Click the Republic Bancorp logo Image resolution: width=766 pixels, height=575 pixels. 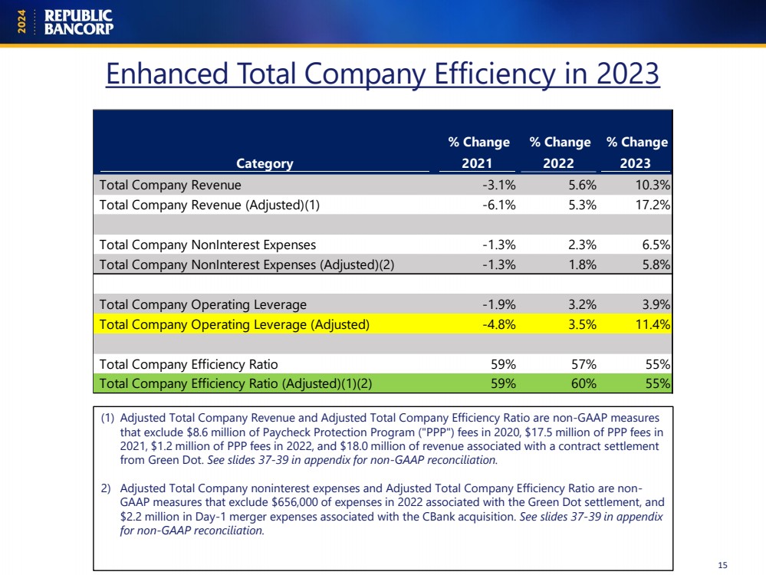79,22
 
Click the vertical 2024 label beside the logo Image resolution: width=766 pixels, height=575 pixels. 21,22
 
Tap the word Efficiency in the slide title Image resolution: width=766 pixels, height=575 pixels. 495,74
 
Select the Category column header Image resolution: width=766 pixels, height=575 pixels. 265,163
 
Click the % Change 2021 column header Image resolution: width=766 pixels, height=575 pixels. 478,153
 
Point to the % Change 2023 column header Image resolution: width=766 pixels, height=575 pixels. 636,153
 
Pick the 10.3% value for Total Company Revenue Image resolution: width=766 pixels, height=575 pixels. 653,186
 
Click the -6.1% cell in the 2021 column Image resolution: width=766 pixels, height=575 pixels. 498,205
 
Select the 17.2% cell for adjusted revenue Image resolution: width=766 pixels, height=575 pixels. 653,205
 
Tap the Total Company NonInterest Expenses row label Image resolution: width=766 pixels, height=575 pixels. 208,245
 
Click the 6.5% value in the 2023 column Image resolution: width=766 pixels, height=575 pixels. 656,245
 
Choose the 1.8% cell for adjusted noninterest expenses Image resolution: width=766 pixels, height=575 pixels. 582,264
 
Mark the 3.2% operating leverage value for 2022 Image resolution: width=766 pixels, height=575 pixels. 582,305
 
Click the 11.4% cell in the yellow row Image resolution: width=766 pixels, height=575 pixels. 653,324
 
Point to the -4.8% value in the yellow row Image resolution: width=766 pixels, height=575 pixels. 498,324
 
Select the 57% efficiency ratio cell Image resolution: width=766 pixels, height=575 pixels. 584,364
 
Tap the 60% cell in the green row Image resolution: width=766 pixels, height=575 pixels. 584,383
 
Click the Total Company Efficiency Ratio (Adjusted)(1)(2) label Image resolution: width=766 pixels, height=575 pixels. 235,383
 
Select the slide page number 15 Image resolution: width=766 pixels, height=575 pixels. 722,565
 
